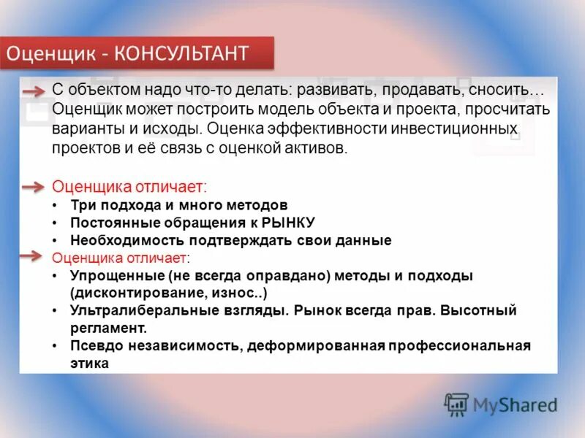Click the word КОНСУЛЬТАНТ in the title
click(192, 54)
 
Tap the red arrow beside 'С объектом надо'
click(34, 91)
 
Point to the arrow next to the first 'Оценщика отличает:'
click(34, 188)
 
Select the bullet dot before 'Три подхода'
click(56, 206)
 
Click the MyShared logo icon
click(456, 404)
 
